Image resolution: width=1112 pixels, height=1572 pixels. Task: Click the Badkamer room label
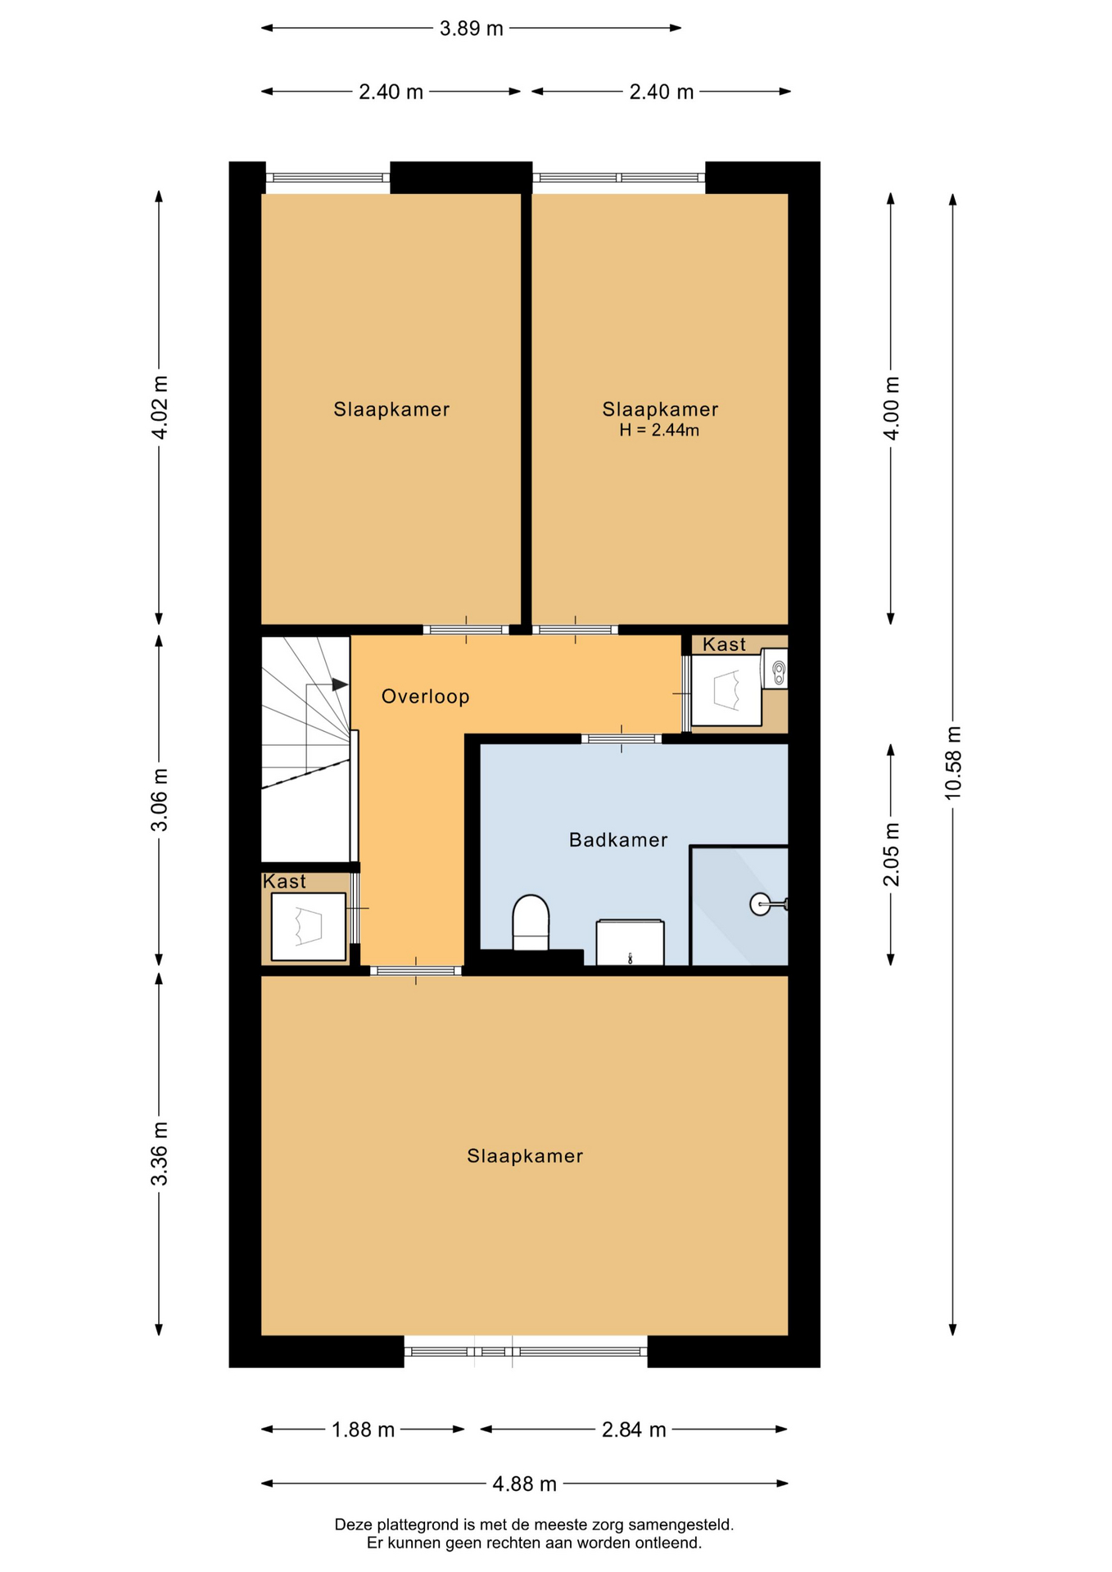(618, 840)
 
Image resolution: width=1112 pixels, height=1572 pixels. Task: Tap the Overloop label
(425, 697)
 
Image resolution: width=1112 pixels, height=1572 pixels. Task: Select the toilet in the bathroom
(531, 923)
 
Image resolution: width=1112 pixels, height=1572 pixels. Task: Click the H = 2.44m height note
(659, 431)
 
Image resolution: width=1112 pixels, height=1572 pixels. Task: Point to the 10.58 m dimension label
(953, 762)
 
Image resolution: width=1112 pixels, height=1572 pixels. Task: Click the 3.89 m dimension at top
(472, 29)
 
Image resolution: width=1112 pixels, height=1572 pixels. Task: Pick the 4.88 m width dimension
(525, 1484)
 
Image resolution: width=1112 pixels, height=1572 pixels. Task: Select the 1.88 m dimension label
(363, 1430)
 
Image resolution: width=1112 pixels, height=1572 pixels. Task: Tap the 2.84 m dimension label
(634, 1430)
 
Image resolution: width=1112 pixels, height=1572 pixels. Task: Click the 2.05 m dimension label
(891, 855)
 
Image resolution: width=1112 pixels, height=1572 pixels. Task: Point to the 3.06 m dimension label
(160, 800)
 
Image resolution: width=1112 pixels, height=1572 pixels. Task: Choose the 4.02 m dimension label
(160, 408)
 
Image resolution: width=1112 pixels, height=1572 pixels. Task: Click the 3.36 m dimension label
(160, 1154)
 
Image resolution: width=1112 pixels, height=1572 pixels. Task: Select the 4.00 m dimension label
(891, 409)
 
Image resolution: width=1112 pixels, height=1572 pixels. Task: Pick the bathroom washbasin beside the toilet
(630, 942)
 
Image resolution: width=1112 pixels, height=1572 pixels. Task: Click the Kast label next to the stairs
(284, 882)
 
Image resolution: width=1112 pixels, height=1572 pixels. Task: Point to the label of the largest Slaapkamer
(525, 1156)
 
